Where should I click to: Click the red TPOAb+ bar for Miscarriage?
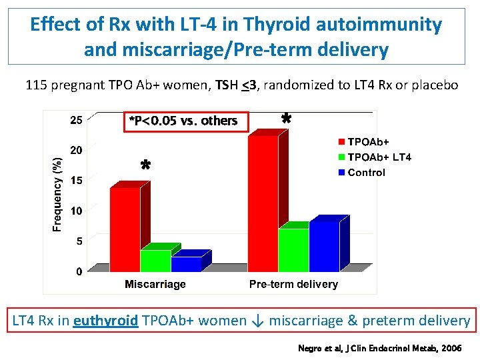coord(125,229)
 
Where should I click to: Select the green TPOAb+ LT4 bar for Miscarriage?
coord(155,260)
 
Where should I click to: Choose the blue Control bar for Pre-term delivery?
coord(324,246)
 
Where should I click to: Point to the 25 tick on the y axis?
coord(77,121)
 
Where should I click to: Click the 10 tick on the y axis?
coord(77,211)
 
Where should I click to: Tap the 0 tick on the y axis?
coord(79,271)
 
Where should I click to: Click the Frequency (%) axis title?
coord(58,194)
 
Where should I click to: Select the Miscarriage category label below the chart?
coord(155,285)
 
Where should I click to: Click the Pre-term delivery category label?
coord(293,285)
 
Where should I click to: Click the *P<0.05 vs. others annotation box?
coord(185,121)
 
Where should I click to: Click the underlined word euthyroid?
coord(105,321)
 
